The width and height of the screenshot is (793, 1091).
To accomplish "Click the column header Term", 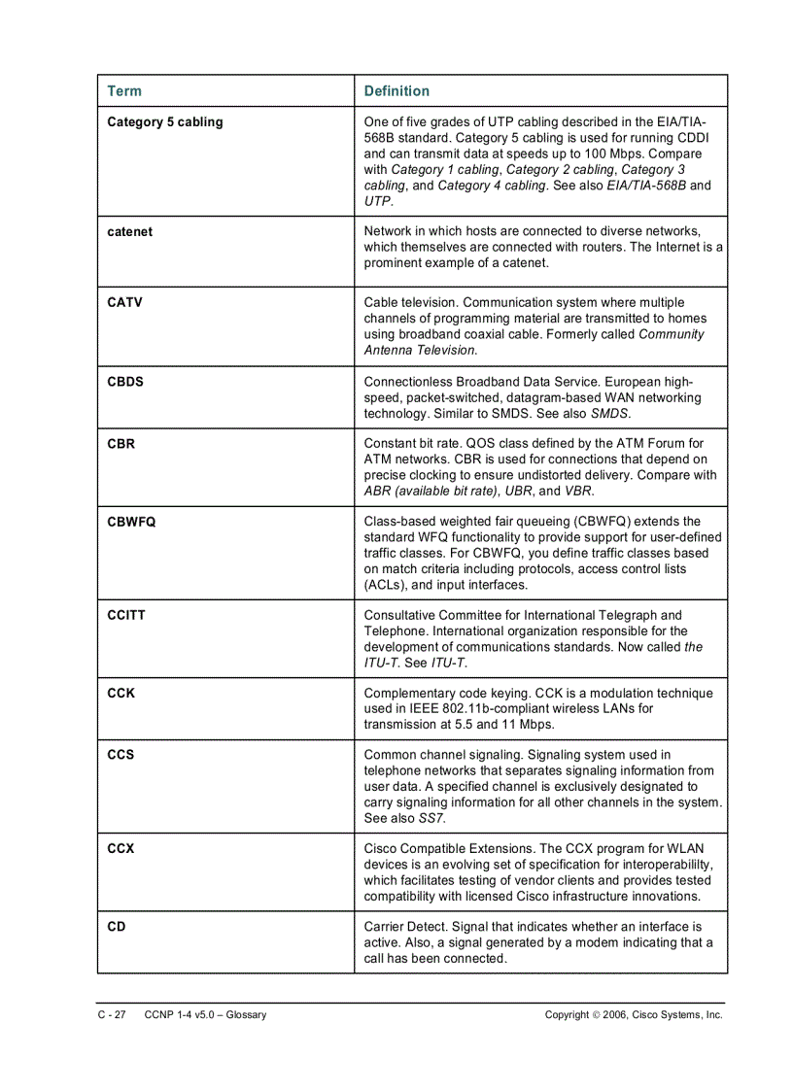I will point(123,91).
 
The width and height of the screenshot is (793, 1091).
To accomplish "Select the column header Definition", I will point(396,91).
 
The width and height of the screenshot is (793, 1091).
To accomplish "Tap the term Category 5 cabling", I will point(164,122).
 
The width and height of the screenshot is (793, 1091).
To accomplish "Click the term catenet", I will point(129,232).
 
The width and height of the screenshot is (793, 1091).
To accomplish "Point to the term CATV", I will point(124,303).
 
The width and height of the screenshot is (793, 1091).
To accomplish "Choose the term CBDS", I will point(124,382).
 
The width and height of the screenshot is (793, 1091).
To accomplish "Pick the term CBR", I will point(121,444).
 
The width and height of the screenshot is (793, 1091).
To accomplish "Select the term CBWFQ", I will point(131,522).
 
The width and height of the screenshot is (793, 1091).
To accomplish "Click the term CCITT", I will point(126,615).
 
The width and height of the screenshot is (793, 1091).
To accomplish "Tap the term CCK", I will point(121,694).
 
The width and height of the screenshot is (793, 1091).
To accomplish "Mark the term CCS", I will point(121,755).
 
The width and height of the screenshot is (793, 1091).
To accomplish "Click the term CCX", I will point(121,849).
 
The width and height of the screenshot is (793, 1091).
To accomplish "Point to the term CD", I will point(116,927).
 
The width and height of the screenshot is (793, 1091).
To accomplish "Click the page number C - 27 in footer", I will point(111,1015).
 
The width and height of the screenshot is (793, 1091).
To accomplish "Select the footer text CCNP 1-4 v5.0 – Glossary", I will point(205,1015).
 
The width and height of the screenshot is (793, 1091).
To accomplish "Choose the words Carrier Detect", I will point(406,927).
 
